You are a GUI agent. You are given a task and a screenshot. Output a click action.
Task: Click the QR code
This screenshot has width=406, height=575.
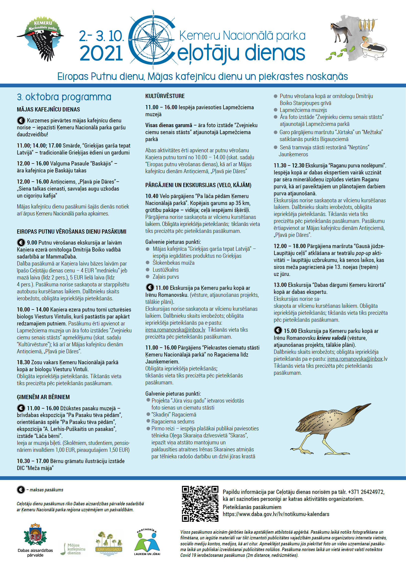click(x=200, y=504)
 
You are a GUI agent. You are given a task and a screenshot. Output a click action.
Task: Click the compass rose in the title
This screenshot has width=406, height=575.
click(x=153, y=40)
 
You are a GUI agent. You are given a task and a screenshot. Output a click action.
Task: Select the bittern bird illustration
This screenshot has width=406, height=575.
click(x=330, y=428)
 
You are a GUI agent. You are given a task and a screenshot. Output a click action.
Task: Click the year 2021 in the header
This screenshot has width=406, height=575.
click(x=101, y=53)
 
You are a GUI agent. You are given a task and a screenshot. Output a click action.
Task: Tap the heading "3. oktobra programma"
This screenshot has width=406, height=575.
click(x=64, y=97)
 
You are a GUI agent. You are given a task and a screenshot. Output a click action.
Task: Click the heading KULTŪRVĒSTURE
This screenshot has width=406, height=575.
click(x=165, y=96)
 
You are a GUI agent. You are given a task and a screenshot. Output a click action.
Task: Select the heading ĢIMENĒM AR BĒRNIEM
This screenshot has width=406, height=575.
click(x=43, y=397)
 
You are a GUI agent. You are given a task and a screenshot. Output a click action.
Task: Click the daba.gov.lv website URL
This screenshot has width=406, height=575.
click(x=276, y=514)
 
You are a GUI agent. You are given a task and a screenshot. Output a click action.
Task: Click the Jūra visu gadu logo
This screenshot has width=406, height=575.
click(x=109, y=543)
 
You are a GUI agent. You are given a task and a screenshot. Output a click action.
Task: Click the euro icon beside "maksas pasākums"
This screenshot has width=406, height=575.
click(x=21, y=489)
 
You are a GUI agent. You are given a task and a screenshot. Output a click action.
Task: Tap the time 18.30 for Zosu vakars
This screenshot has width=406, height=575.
click(x=23, y=362)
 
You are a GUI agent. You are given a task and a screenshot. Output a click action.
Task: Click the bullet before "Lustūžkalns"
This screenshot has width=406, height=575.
click(x=148, y=270)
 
